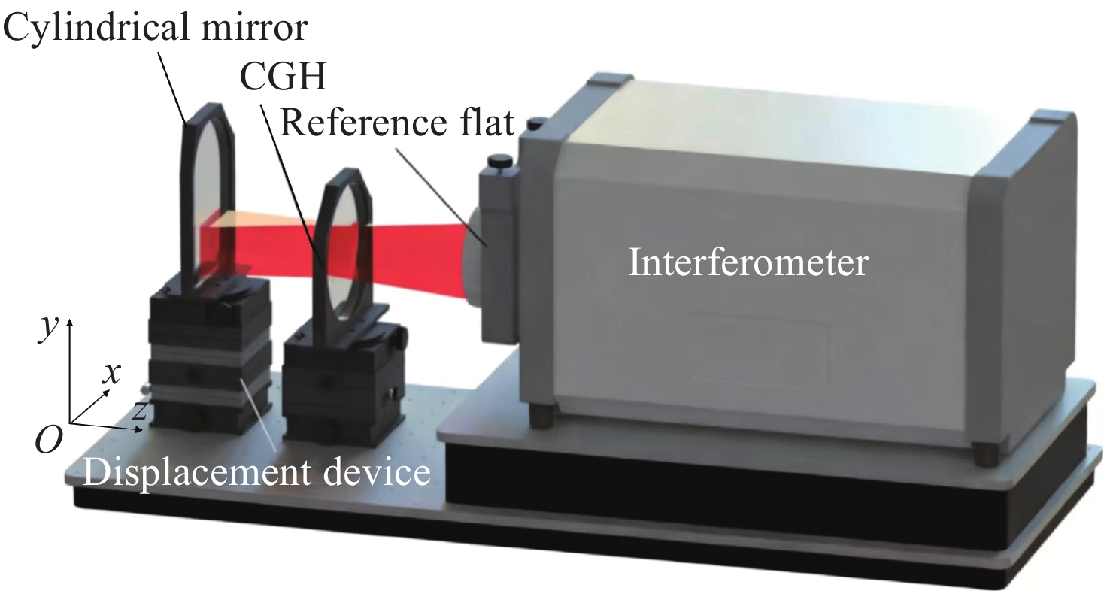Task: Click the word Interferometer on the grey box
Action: pos(748,262)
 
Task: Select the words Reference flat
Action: pos(397,123)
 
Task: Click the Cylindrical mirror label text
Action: pos(155,26)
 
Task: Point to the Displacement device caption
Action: pos(256,472)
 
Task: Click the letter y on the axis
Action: pos(49,328)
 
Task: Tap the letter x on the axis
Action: pos(111,374)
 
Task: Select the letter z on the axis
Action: pos(139,411)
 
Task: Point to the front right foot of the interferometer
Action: pos(986,453)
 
